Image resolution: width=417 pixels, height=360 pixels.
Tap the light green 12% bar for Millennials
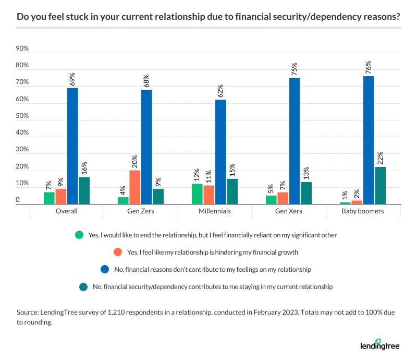coord(197,194)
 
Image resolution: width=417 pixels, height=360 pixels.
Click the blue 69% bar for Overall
coord(72,146)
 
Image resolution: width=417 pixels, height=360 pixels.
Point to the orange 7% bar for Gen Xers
coord(283,198)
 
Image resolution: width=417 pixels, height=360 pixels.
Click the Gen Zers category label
coord(141,211)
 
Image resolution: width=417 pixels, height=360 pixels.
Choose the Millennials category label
coord(215,211)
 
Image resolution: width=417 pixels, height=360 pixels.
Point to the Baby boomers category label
coord(363,211)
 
